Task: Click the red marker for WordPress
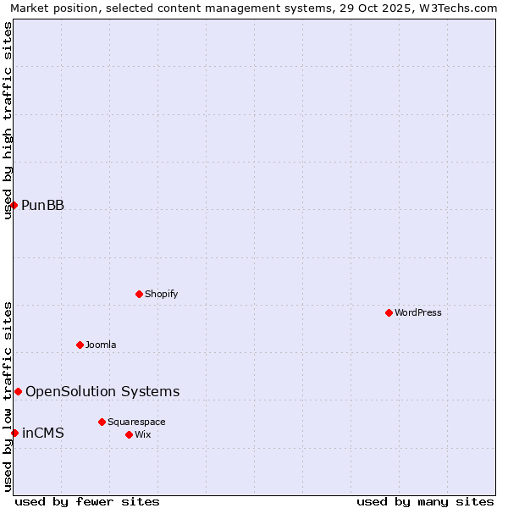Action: click(389, 312)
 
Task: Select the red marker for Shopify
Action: click(139, 294)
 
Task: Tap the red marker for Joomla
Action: click(80, 345)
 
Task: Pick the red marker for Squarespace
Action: click(102, 422)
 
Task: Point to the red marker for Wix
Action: click(129, 434)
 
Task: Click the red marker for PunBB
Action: click(14, 205)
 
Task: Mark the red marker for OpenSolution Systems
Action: click(18, 391)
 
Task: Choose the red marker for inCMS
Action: click(14, 433)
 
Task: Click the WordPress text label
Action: click(418, 312)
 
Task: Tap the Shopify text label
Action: click(162, 294)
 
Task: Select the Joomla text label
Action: click(101, 345)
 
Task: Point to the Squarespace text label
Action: click(136, 422)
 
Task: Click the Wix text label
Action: click(142, 434)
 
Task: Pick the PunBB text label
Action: click(42, 205)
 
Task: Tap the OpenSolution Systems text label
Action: click(102, 391)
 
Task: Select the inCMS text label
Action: click(42, 433)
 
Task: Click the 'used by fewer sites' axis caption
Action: click(87, 501)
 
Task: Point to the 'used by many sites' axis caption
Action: click(425, 501)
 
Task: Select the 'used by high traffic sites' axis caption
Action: click(8, 120)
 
